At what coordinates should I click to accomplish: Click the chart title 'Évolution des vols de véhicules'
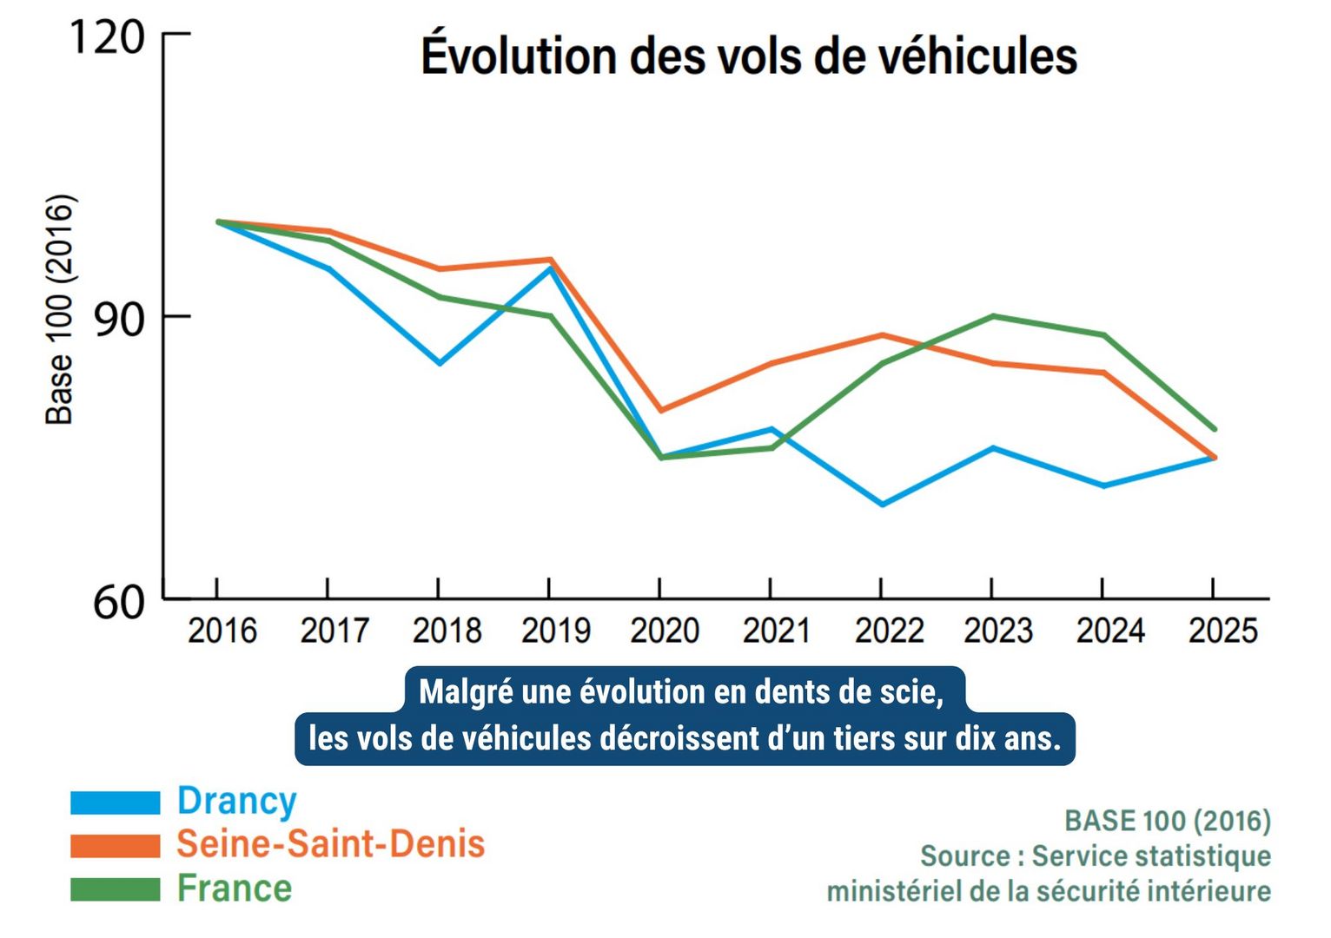click(749, 56)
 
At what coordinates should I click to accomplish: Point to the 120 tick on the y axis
click(106, 37)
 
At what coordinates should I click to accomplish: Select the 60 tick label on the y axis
click(118, 602)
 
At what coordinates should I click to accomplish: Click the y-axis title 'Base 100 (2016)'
click(60, 310)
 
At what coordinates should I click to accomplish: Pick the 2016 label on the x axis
click(222, 631)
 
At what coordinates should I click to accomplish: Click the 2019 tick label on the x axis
click(555, 631)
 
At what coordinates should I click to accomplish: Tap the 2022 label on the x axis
click(889, 631)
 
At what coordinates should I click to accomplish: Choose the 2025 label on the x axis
click(1222, 631)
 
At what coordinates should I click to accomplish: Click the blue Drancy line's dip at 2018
click(440, 363)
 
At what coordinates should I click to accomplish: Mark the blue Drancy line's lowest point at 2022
click(882, 504)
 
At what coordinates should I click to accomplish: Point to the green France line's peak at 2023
click(992, 316)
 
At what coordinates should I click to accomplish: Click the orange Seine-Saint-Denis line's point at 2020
click(660, 410)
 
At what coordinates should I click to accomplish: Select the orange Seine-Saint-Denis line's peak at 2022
click(882, 335)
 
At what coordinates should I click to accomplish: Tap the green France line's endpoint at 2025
click(1214, 429)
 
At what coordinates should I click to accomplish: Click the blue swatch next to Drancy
click(115, 803)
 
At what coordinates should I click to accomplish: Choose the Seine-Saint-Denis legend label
click(330, 844)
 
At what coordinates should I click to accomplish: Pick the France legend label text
click(235, 888)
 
